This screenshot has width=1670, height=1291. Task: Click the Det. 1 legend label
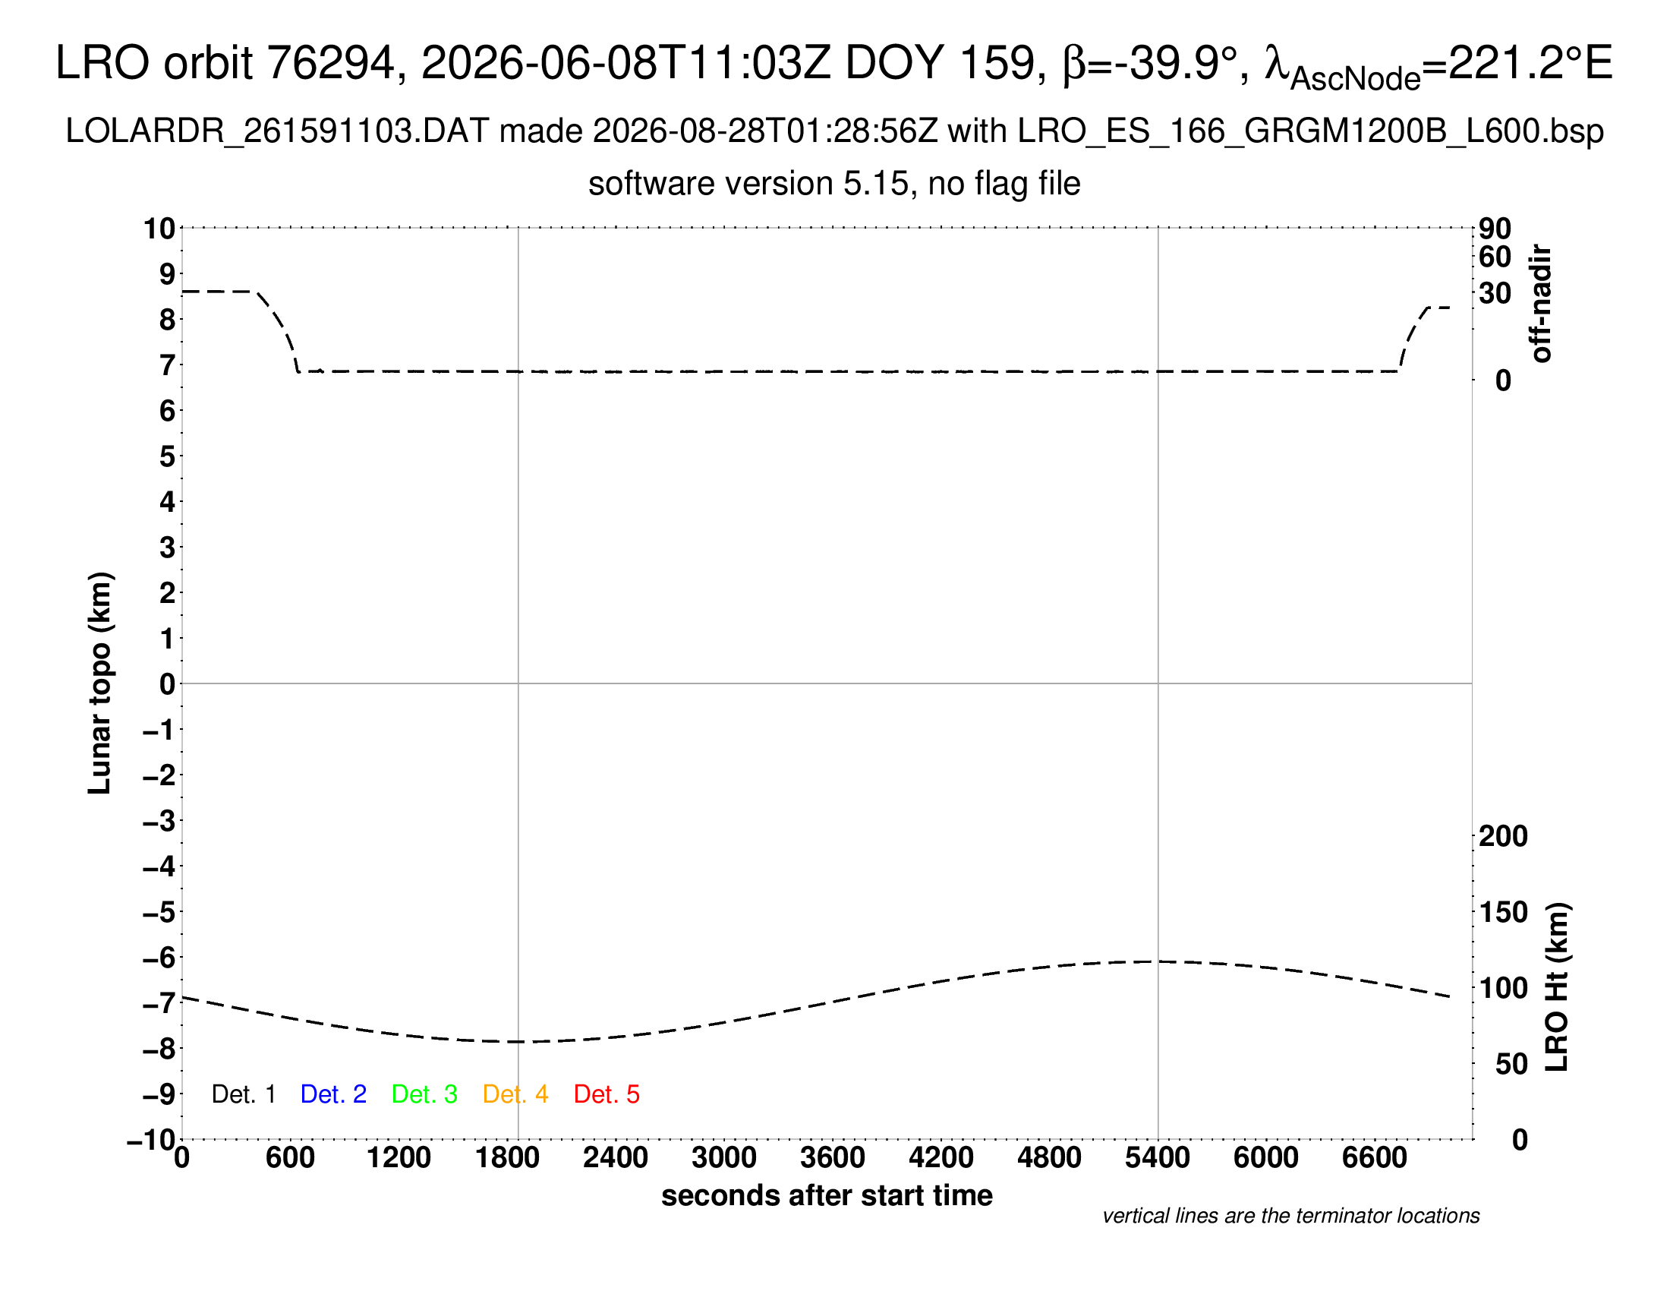click(x=243, y=1094)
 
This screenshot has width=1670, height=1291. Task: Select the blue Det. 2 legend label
click(x=333, y=1094)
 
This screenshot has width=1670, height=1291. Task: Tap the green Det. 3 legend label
click(x=424, y=1094)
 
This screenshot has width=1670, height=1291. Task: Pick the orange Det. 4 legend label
click(x=515, y=1094)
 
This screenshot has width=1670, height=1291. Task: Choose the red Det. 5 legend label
click(x=607, y=1094)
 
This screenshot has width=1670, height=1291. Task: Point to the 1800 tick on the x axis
click(x=507, y=1158)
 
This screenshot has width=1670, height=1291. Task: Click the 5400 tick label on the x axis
click(x=1158, y=1158)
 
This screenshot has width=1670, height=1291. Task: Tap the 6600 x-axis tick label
click(x=1374, y=1158)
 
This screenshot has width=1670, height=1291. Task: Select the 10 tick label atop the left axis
click(x=160, y=228)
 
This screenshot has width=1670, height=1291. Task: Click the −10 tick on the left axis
click(x=151, y=1141)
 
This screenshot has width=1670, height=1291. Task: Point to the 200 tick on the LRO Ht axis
click(x=1503, y=836)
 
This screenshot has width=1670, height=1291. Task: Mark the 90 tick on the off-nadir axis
click(x=1495, y=229)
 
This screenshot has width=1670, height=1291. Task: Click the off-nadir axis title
click(x=1542, y=304)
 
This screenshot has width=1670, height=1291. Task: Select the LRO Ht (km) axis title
click(x=1557, y=987)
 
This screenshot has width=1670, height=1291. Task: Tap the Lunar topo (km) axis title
click(x=99, y=683)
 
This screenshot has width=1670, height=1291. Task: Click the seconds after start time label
click(x=827, y=1195)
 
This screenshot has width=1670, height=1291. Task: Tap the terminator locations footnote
click(x=1290, y=1216)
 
